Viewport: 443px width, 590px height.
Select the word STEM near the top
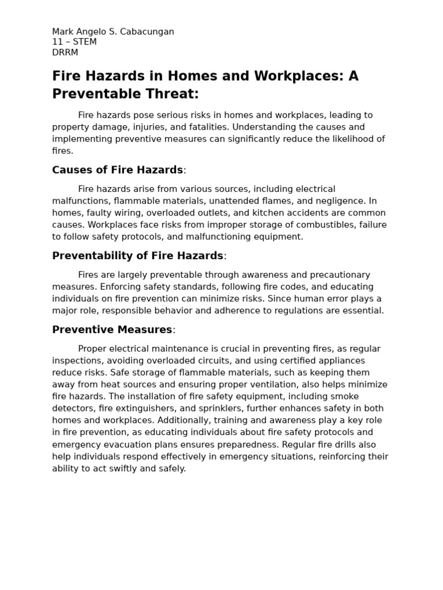pyautogui.click(x=84, y=42)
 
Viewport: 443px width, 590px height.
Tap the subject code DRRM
pyautogui.click(x=65, y=52)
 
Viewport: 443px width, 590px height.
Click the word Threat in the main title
pyautogui.click(x=170, y=94)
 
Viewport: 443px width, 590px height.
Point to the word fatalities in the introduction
pyautogui.click(x=193, y=127)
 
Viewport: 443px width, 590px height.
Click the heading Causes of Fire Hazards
pyautogui.click(x=118, y=170)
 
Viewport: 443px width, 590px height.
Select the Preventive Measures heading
pyautogui.click(x=112, y=330)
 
